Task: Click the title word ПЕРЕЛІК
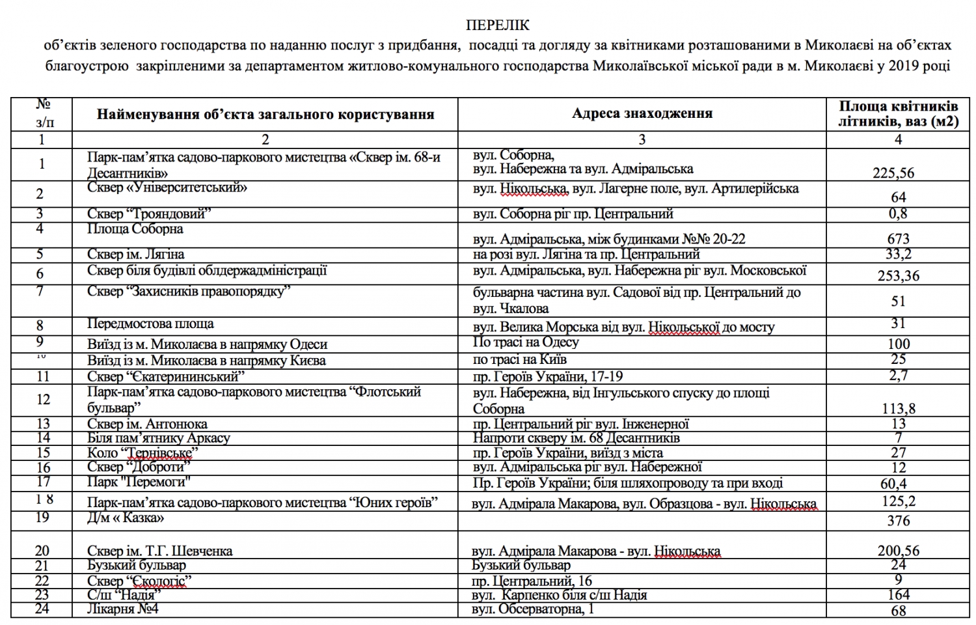point(498,25)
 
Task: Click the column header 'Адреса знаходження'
point(642,113)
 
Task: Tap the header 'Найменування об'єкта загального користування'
point(265,115)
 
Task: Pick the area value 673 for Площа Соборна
point(898,239)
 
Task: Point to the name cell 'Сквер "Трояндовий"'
point(149,214)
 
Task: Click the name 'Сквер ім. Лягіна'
point(135,254)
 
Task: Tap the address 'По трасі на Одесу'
point(526,342)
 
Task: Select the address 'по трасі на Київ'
point(519,359)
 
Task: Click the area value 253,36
point(898,275)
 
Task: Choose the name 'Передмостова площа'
point(150,324)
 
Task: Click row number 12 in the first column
point(43,400)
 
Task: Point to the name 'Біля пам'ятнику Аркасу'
point(159,438)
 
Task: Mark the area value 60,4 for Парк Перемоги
point(898,484)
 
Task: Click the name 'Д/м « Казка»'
point(125,518)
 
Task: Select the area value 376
point(898,520)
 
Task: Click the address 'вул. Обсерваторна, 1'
point(533,609)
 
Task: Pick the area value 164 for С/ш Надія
point(898,595)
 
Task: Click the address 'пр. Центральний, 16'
point(532,581)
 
